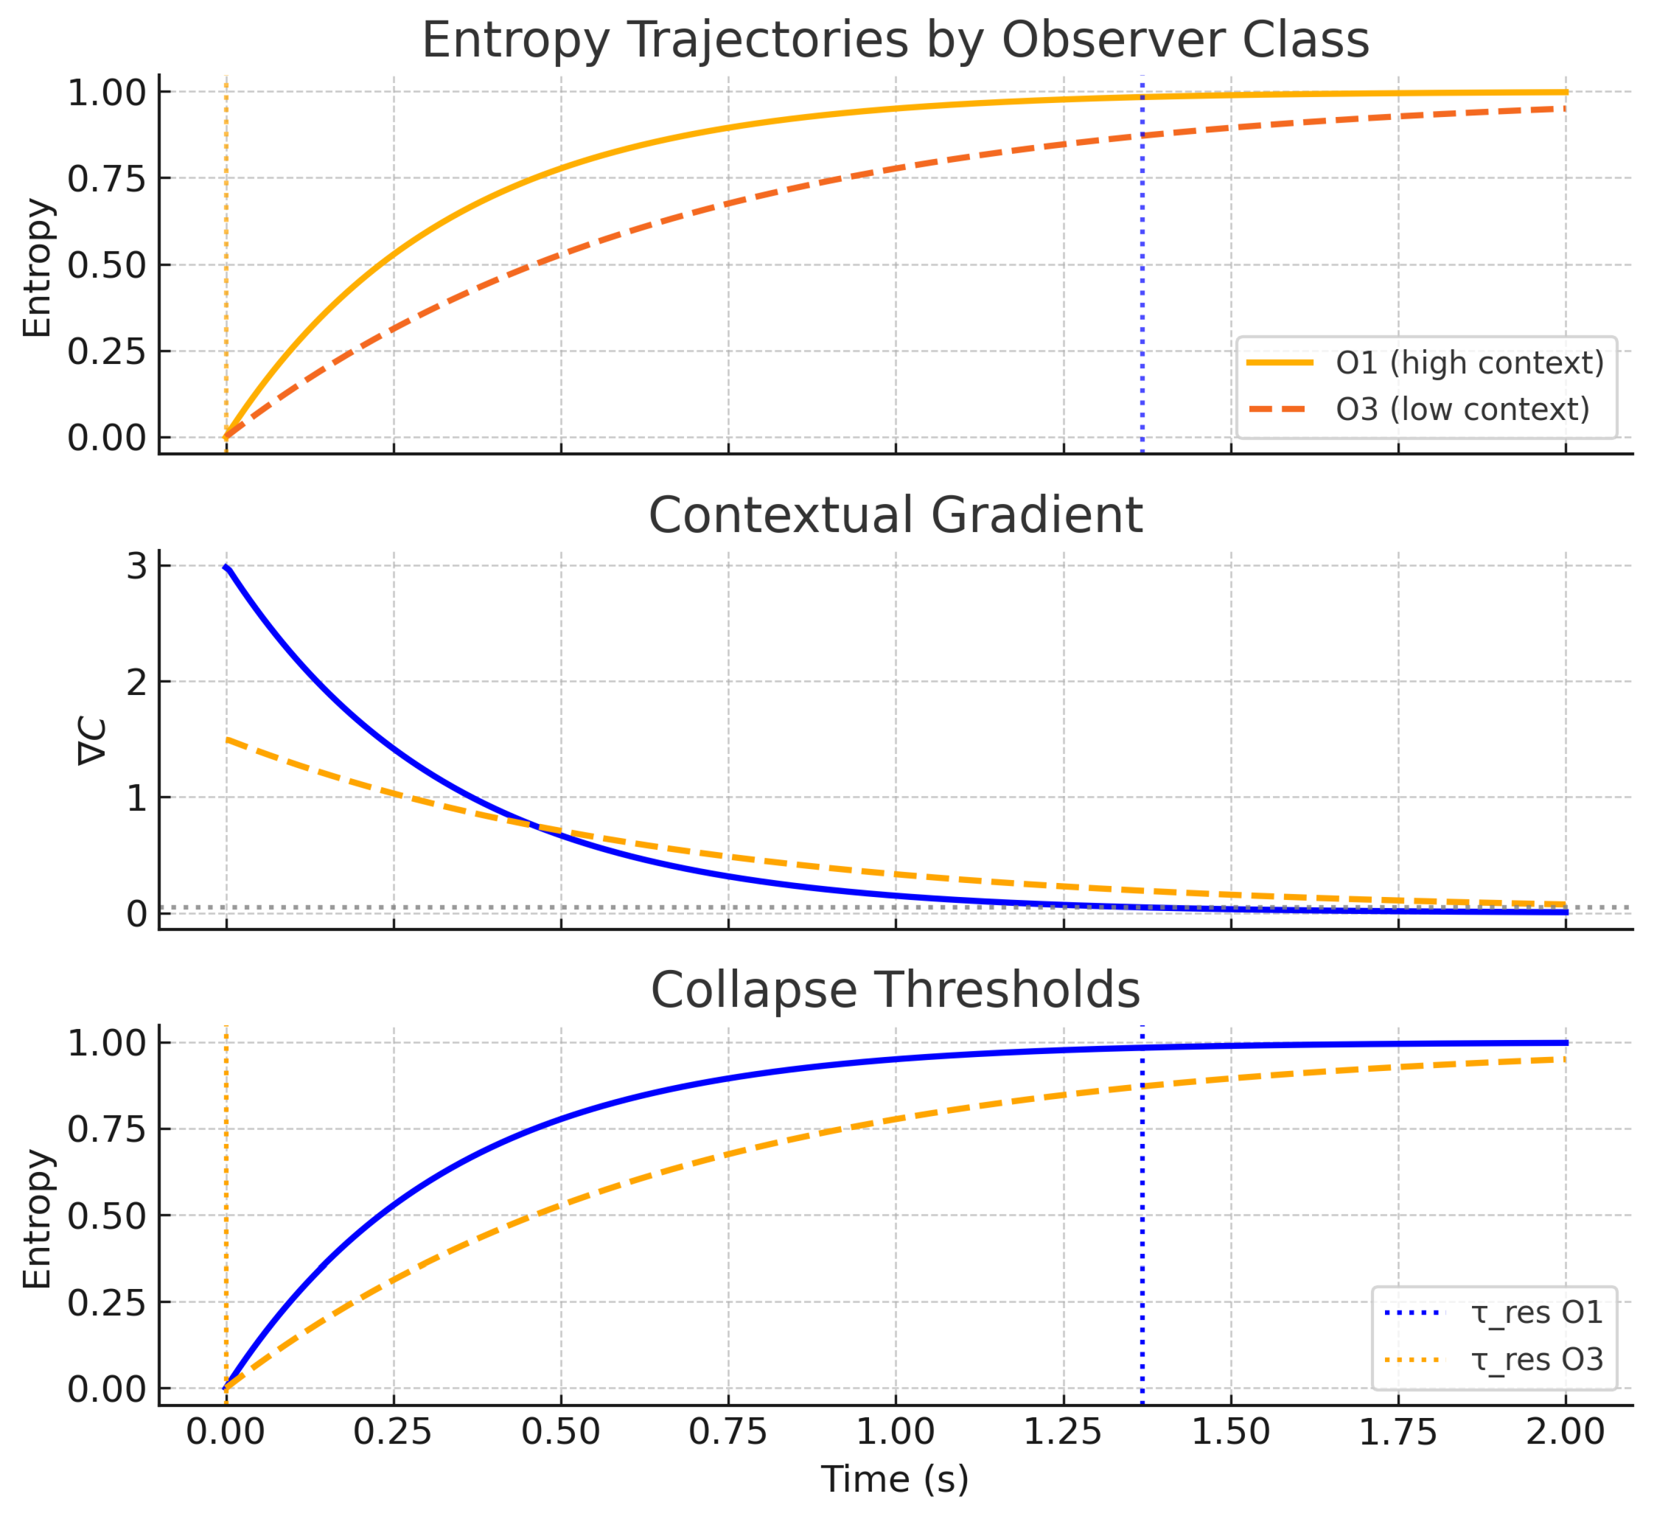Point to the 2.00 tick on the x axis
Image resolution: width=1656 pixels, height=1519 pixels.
point(1565,1432)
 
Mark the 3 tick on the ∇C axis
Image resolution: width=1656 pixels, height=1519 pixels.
point(136,566)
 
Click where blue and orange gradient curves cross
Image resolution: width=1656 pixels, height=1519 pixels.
point(538,826)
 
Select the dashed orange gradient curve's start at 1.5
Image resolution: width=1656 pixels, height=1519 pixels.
point(227,740)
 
